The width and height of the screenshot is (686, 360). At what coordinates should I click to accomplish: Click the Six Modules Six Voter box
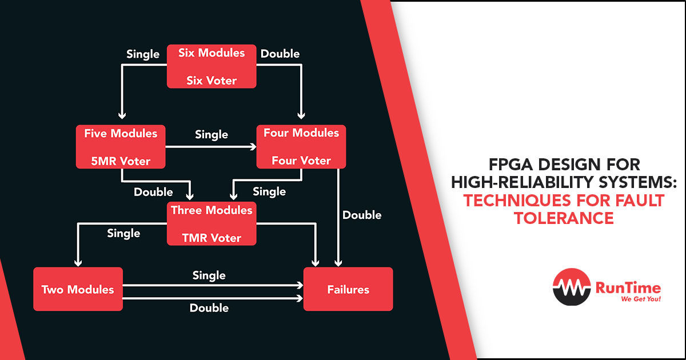(212, 66)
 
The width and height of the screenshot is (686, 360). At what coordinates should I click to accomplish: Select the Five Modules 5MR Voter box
(121, 147)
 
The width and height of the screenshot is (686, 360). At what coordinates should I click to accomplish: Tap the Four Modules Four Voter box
(301, 147)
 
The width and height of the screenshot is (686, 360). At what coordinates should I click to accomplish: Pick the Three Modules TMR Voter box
(212, 224)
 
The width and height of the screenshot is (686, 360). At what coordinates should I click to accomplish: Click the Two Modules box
(78, 289)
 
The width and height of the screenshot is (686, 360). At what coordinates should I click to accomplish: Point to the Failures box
(348, 289)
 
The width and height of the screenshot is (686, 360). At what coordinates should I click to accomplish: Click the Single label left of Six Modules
(143, 54)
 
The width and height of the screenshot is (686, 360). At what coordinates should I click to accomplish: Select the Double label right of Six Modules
(280, 54)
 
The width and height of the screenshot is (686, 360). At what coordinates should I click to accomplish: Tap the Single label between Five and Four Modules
(212, 135)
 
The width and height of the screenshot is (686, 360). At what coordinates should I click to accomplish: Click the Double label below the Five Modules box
(153, 192)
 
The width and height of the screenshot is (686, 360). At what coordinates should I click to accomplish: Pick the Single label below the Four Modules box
(269, 192)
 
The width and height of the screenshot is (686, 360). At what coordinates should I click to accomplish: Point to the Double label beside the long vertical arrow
(362, 215)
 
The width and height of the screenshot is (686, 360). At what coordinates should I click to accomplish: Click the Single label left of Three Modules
(123, 233)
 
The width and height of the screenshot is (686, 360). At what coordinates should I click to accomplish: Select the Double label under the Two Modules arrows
(209, 308)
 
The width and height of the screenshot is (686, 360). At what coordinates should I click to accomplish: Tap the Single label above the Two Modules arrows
(209, 275)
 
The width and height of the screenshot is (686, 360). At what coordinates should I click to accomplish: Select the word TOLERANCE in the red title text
(564, 218)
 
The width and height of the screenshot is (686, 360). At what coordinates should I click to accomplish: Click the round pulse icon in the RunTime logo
(571, 287)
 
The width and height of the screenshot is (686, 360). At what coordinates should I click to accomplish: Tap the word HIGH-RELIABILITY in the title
(516, 183)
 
